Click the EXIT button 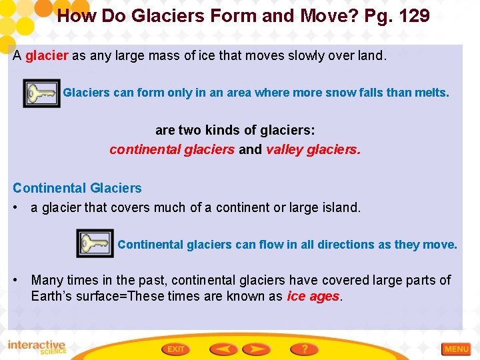click(x=177, y=349)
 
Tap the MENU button click(x=457, y=349)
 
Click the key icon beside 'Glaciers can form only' click(x=41, y=93)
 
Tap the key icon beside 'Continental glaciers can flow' click(x=95, y=243)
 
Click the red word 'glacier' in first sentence click(x=47, y=56)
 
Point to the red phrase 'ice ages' click(x=313, y=297)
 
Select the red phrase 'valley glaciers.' click(x=313, y=149)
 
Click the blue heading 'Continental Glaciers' click(x=77, y=188)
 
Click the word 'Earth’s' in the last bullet click(x=52, y=297)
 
